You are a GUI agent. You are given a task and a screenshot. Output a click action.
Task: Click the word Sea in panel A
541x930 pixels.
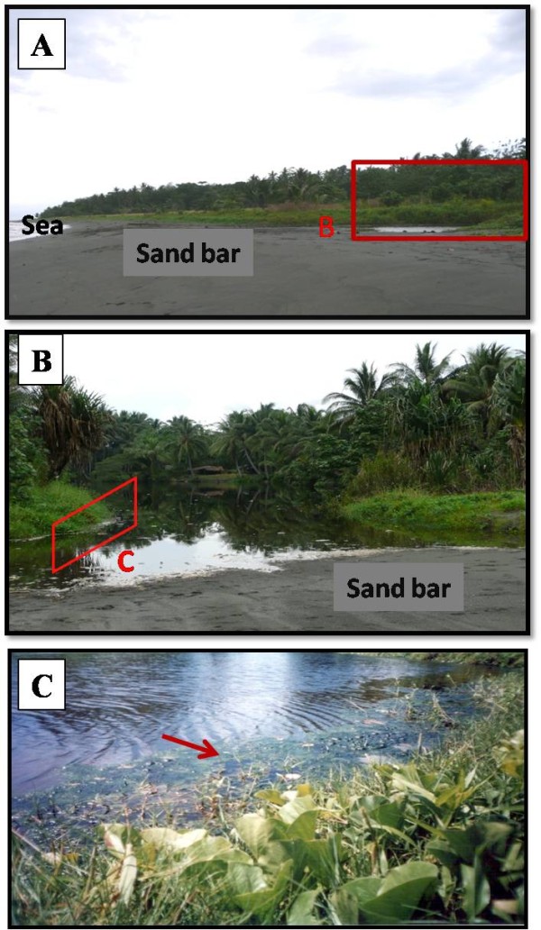point(42,225)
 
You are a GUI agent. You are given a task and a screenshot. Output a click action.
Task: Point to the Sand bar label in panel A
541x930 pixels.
point(188,254)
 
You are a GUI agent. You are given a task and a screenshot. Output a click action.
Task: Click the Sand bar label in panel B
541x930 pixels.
point(398,590)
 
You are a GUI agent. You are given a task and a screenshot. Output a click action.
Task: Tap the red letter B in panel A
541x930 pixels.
point(326,228)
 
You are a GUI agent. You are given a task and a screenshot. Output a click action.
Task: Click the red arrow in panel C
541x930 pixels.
point(190,745)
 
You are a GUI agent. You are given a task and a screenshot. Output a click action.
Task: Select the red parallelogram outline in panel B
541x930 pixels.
point(95,524)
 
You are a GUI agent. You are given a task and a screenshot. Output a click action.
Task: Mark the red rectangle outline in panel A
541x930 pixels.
point(438,200)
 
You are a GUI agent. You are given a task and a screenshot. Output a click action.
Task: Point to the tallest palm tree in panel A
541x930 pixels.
point(467,148)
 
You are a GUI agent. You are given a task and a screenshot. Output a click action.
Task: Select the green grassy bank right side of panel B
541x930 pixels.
point(433,511)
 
